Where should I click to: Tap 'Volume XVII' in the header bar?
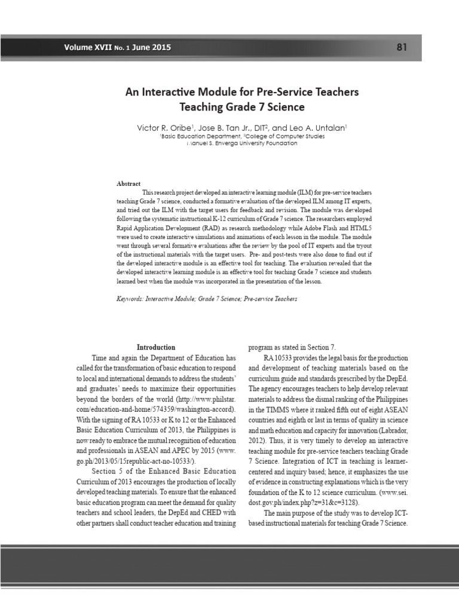tap(89, 48)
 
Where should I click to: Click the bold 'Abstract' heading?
tap(128, 183)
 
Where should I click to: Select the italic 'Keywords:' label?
tap(130, 298)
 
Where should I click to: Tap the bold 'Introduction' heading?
tap(156, 347)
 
